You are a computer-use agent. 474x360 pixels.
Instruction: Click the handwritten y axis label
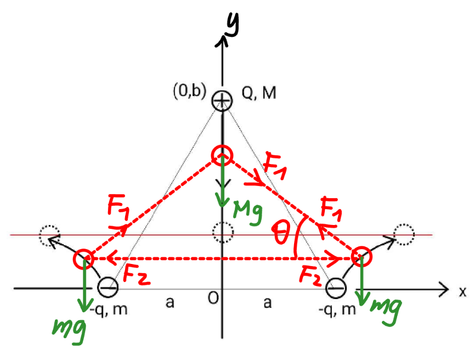pyautogui.click(x=233, y=25)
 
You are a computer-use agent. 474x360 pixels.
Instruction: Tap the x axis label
pyautogui.click(x=462, y=292)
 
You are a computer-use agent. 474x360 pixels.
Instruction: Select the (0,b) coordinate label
pyautogui.click(x=189, y=91)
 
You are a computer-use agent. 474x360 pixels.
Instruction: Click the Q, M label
pyautogui.click(x=259, y=93)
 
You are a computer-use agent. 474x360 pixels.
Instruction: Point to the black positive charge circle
pyautogui.click(x=222, y=100)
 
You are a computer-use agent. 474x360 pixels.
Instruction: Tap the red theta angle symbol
pyautogui.click(x=280, y=232)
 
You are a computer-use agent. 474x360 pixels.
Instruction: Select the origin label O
pyautogui.click(x=213, y=298)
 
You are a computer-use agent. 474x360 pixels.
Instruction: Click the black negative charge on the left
pyautogui.click(x=108, y=288)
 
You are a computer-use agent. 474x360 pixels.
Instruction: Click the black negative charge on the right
pyautogui.click(x=336, y=288)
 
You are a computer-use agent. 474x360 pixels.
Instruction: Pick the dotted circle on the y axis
pyautogui.click(x=223, y=232)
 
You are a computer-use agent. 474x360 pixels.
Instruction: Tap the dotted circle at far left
pyautogui.click(x=49, y=235)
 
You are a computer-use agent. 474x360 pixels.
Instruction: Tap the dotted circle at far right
pyautogui.click(x=404, y=234)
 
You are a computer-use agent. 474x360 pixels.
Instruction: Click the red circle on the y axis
pyautogui.click(x=222, y=155)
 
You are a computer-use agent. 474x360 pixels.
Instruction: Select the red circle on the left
pyautogui.click(x=83, y=259)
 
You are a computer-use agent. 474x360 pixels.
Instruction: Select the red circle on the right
pyautogui.click(x=362, y=256)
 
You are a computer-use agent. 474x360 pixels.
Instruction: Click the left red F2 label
pyautogui.click(x=136, y=274)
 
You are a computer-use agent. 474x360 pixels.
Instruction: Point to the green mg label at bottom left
pyautogui.click(x=69, y=331)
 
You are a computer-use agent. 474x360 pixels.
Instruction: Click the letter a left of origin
pyautogui.click(x=170, y=302)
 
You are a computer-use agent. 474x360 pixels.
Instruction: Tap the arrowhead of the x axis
pyautogui.click(x=444, y=289)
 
